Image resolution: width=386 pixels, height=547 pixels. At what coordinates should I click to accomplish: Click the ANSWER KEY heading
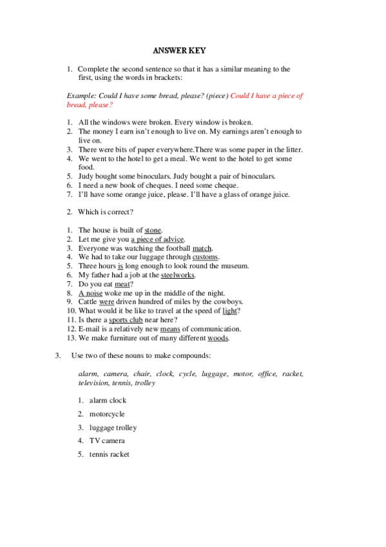tap(179, 50)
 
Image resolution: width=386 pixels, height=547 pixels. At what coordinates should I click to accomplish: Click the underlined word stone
tap(153, 230)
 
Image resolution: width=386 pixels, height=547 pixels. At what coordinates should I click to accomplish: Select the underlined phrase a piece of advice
tap(158, 239)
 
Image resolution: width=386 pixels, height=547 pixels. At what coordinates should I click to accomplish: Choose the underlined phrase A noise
tap(90, 293)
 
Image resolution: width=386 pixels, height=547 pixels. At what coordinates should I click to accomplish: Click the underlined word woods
tap(218, 337)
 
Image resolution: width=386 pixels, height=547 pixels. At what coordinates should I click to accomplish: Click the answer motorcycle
tap(107, 413)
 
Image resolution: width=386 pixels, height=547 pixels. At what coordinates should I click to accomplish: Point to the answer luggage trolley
tap(113, 427)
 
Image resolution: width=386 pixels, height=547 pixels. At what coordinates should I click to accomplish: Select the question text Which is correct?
tap(106, 212)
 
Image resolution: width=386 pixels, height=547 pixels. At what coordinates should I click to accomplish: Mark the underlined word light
tap(229, 310)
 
